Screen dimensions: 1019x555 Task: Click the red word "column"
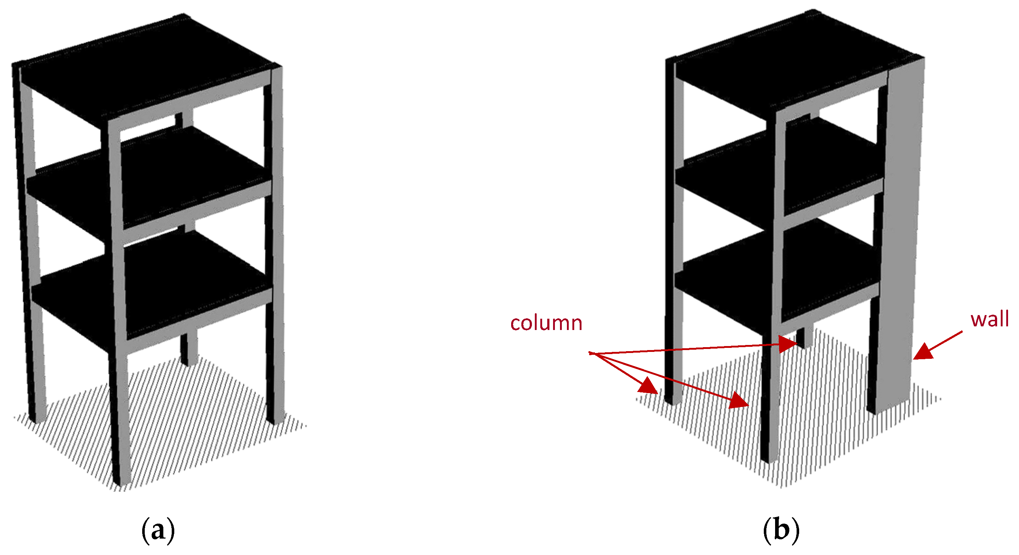pyautogui.click(x=546, y=323)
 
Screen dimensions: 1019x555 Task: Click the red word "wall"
pyautogui.click(x=989, y=319)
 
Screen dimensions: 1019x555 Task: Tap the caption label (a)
pyautogui.click(x=158, y=530)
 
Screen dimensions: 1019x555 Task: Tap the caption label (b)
pyautogui.click(x=781, y=530)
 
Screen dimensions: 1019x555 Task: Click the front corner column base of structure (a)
pyautogui.click(x=121, y=475)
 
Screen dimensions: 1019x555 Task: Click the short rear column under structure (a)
pyautogui.click(x=188, y=348)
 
